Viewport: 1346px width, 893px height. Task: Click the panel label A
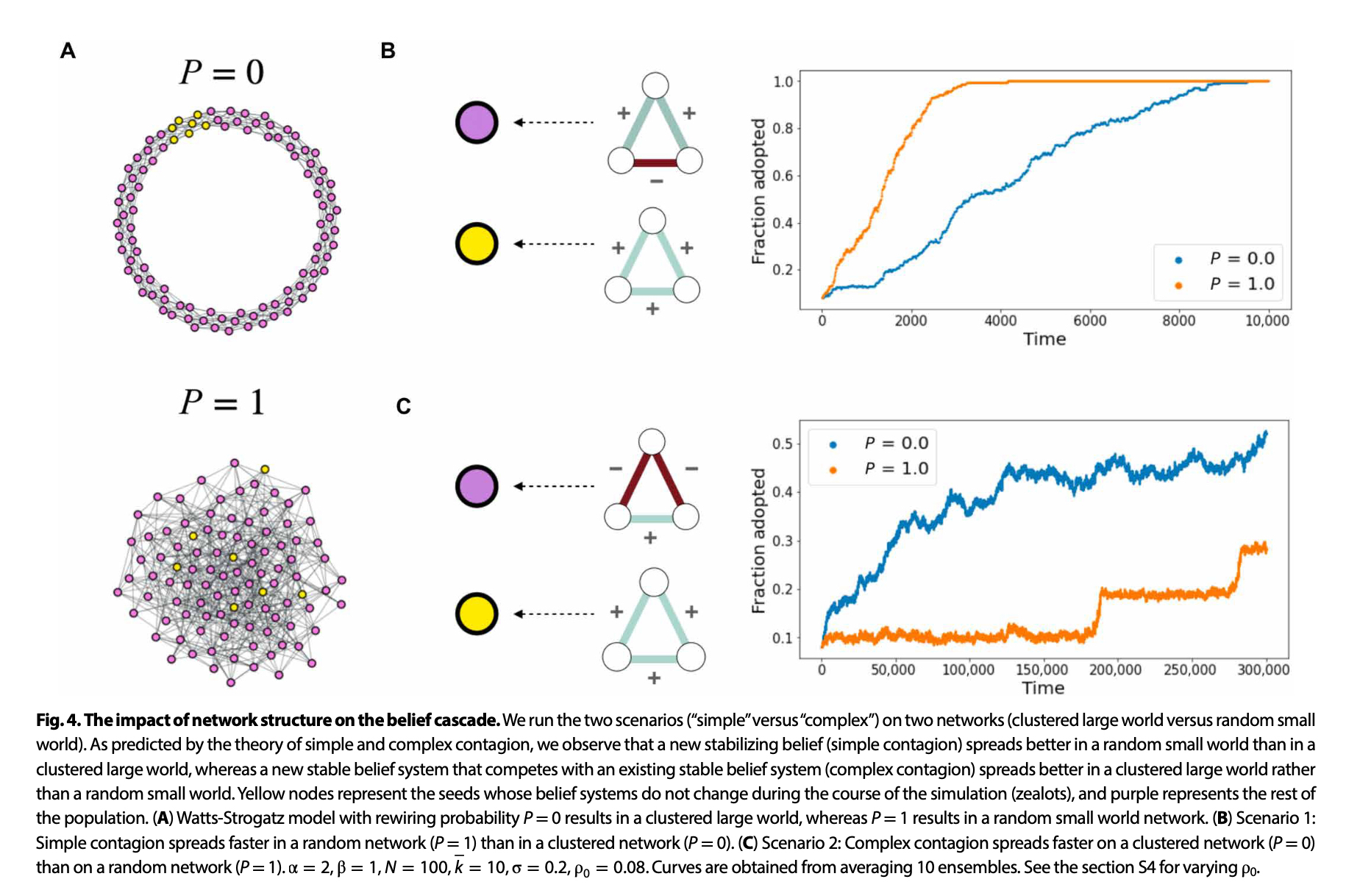click(x=68, y=51)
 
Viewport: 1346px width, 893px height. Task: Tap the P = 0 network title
click(x=221, y=72)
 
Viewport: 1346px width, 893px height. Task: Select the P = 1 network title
click(x=221, y=402)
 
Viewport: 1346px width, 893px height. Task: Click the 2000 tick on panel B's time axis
click(x=911, y=321)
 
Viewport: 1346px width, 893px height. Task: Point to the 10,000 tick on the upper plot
click(x=1267, y=321)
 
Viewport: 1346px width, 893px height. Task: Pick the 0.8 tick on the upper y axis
click(x=783, y=129)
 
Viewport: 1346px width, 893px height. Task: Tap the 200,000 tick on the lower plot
click(x=1115, y=670)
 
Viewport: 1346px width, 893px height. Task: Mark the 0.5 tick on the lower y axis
click(x=782, y=444)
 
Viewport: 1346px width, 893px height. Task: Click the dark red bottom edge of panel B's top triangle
click(x=655, y=163)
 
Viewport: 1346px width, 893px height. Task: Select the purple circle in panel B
click(x=477, y=122)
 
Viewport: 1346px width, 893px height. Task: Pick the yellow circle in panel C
click(x=477, y=613)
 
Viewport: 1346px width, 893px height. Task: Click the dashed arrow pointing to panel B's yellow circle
click(x=554, y=244)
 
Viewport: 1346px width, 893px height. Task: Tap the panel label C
click(x=403, y=406)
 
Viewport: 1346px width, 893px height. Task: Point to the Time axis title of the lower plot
click(x=1043, y=689)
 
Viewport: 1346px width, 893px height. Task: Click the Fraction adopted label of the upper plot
click(x=758, y=191)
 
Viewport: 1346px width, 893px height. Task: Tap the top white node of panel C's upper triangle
click(x=652, y=442)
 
